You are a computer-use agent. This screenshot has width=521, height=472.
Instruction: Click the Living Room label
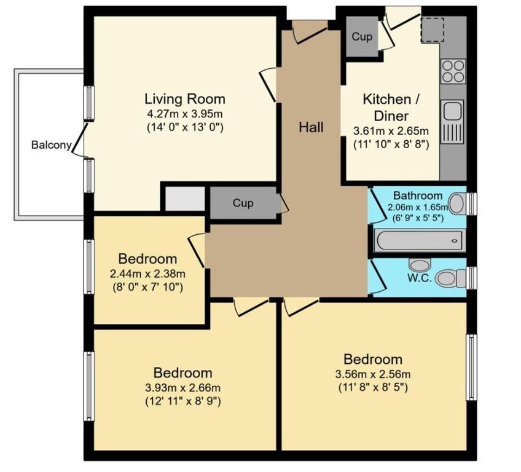coord(185,99)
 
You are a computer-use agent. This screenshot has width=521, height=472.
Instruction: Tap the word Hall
coord(311,127)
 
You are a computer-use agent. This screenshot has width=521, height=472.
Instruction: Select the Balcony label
coord(51,145)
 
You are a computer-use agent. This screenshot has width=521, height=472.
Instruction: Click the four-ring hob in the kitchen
coord(453,71)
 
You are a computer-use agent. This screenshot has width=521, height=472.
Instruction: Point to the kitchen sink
coord(452,122)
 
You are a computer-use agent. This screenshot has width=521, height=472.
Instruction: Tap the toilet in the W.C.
coord(450,278)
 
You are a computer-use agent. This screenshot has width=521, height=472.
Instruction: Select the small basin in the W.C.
coord(420,265)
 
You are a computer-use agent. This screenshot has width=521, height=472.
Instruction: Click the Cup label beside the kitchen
coord(362,36)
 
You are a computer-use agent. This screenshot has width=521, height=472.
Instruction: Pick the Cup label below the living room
coord(243,203)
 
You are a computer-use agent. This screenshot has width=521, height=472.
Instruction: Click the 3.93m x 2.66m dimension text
coord(182,388)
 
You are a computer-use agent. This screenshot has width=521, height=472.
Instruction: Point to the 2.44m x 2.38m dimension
coord(147,273)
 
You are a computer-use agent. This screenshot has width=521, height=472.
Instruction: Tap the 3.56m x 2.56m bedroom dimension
coord(373,374)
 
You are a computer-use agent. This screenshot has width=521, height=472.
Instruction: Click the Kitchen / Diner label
coord(391,108)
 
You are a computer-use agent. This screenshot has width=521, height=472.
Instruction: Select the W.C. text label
coord(420,278)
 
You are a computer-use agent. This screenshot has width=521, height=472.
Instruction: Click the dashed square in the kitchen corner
coord(433,30)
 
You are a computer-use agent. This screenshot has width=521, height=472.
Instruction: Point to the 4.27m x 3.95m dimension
coord(185,114)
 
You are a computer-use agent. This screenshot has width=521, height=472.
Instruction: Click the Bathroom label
coord(418,195)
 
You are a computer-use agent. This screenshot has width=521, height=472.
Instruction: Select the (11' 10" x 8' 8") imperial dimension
coord(391,144)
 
